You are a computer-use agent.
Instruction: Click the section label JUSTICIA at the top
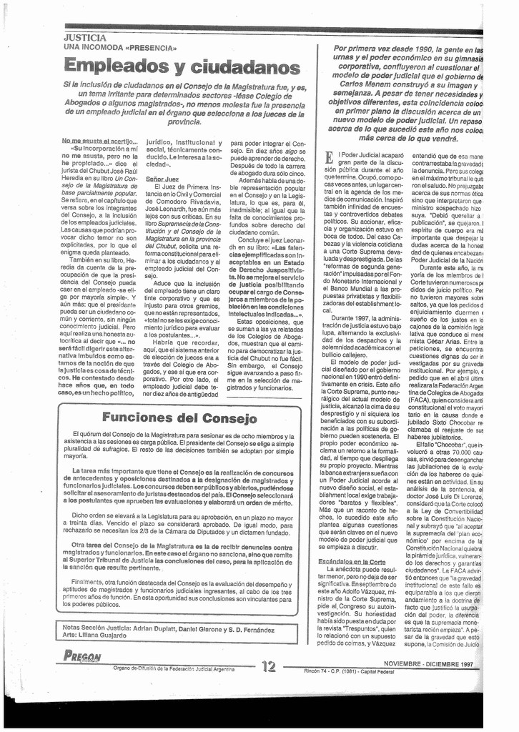(x=85, y=37)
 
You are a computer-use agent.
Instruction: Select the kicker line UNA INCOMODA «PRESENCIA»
(x=120, y=47)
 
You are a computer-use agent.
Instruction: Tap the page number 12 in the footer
(x=269, y=666)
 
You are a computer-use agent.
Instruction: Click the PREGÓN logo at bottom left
(x=82, y=656)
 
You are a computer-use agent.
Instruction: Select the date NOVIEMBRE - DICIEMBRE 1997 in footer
(x=428, y=664)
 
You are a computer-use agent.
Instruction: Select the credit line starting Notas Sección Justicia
(x=168, y=629)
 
